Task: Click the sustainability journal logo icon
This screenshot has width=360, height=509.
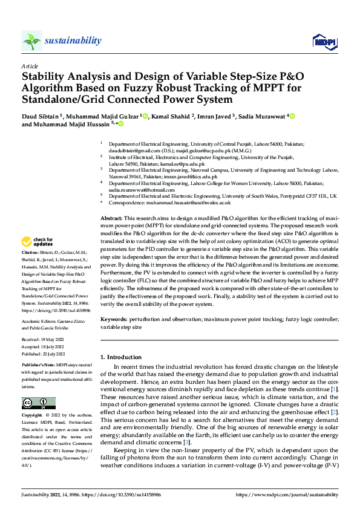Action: click(x=31, y=41)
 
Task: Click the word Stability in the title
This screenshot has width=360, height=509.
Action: click(x=44, y=77)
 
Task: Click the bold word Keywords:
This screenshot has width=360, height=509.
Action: click(x=114, y=318)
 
